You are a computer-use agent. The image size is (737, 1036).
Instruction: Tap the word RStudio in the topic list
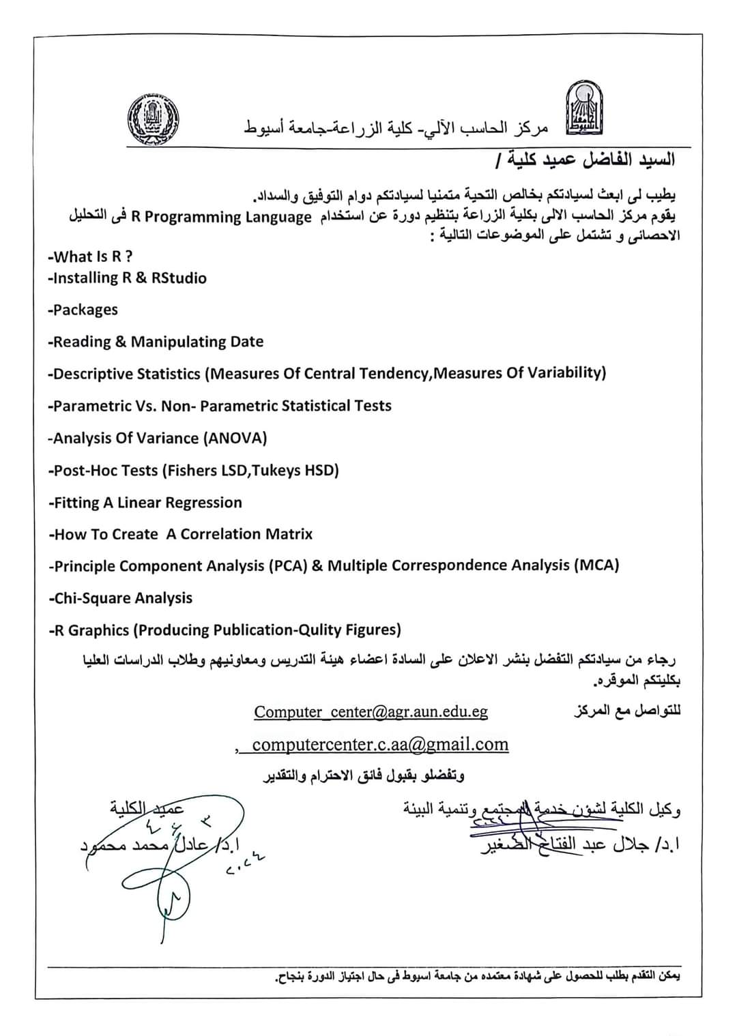179,278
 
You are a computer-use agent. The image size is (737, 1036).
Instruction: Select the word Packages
85,310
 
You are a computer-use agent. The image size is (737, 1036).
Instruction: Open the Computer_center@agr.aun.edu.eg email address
371,712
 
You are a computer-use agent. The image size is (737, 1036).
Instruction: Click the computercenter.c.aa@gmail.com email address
380,744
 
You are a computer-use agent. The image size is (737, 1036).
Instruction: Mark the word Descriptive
93,374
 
